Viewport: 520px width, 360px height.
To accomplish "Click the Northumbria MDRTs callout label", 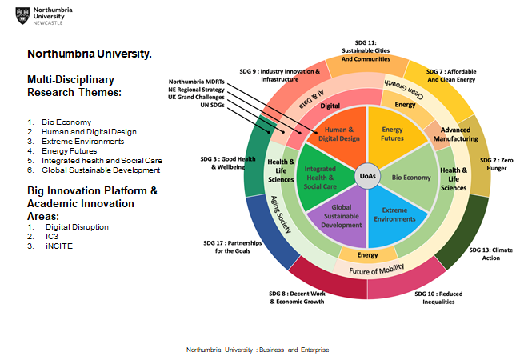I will tap(197, 83).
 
